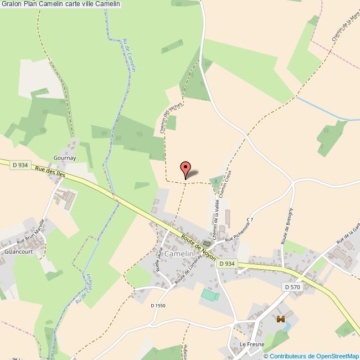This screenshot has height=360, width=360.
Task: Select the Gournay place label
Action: pos(65,158)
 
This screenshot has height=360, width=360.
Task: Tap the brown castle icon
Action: pos(280,319)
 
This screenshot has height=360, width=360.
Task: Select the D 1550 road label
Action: pos(158,305)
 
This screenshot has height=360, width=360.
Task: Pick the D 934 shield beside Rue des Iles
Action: pos(20,164)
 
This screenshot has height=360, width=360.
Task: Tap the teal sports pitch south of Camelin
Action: pos(209,295)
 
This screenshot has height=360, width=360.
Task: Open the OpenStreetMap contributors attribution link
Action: pos(311,356)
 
